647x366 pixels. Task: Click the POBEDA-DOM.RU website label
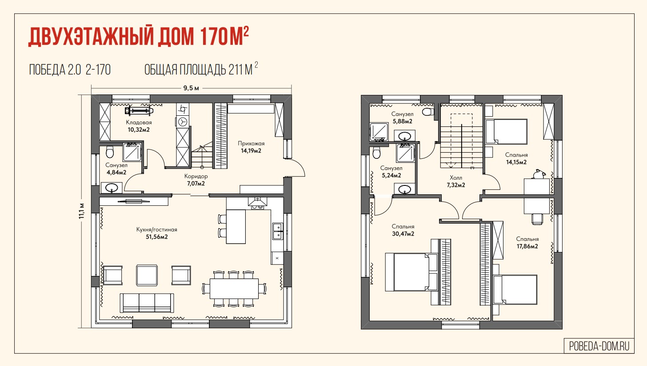click(599, 346)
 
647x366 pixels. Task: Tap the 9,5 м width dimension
click(191, 88)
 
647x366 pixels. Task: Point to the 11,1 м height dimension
click(82, 211)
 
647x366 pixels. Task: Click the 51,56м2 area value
click(157, 237)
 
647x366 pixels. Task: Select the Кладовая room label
click(139, 122)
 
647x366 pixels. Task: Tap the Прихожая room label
click(251, 143)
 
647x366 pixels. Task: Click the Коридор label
click(196, 176)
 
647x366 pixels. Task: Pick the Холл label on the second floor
click(456, 177)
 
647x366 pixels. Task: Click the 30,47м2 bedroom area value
click(403, 234)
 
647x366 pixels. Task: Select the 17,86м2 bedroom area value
click(527, 246)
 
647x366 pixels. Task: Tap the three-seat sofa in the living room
click(147, 303)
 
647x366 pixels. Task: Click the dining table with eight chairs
click(234, 288)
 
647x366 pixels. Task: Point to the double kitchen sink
click(278, 231)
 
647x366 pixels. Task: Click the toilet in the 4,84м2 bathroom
click(109, 152)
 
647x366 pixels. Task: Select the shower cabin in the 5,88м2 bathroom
click(379, 132)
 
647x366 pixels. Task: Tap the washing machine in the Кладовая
click(183, 122)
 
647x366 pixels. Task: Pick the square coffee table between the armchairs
click(147, 275)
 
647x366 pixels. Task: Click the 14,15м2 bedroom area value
click(516, 162)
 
